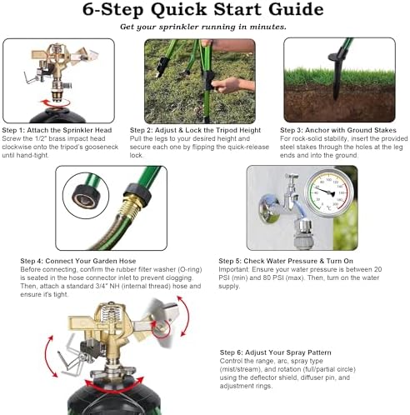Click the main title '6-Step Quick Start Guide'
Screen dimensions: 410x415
tap(203, 9)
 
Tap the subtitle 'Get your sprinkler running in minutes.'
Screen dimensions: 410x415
tap(203, 27)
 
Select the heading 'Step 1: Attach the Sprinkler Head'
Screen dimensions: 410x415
tap(57, 130)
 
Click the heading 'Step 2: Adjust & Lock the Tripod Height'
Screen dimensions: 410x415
tap(195, 130)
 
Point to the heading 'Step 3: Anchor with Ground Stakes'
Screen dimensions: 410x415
tap(338, 130)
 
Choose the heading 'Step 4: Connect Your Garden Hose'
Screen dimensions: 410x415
tap(78, 261)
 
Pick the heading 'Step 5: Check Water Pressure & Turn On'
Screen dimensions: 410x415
tap(286, 261)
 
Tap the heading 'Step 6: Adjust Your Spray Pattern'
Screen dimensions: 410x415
tap(275, 352)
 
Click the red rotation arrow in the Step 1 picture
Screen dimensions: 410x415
tap(56, 104)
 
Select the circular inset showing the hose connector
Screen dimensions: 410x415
tap(86, 196)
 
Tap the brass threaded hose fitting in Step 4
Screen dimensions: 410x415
tap(130, 206)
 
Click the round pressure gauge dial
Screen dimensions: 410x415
tap(328, 192)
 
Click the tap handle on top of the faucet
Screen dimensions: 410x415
tap(292, 176)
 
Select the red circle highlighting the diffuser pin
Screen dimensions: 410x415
tap(161, 328)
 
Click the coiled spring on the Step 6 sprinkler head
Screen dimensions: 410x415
tap(112, 314)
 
